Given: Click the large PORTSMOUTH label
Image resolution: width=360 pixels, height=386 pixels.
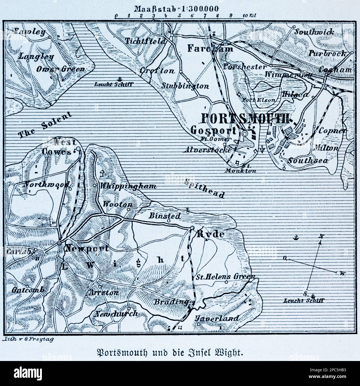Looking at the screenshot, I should click(x=245, y=119).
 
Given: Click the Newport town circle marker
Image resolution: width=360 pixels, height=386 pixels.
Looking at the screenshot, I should click(x=59, y=243).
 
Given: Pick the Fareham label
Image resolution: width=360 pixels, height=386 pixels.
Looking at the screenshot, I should click(x=210, y=48).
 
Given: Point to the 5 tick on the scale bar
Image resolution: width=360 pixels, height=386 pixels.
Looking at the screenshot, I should click(x=179, y=16).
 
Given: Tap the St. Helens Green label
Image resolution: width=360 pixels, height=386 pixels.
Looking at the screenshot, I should click(x=225, y=277).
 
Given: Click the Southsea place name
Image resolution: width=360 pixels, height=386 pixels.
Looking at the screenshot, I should click(x=308, y=161).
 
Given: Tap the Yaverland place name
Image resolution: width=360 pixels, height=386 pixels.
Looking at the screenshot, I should click(x=217, y=318).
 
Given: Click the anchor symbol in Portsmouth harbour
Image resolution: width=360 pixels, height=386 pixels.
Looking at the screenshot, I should click(x=262, y=149).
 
